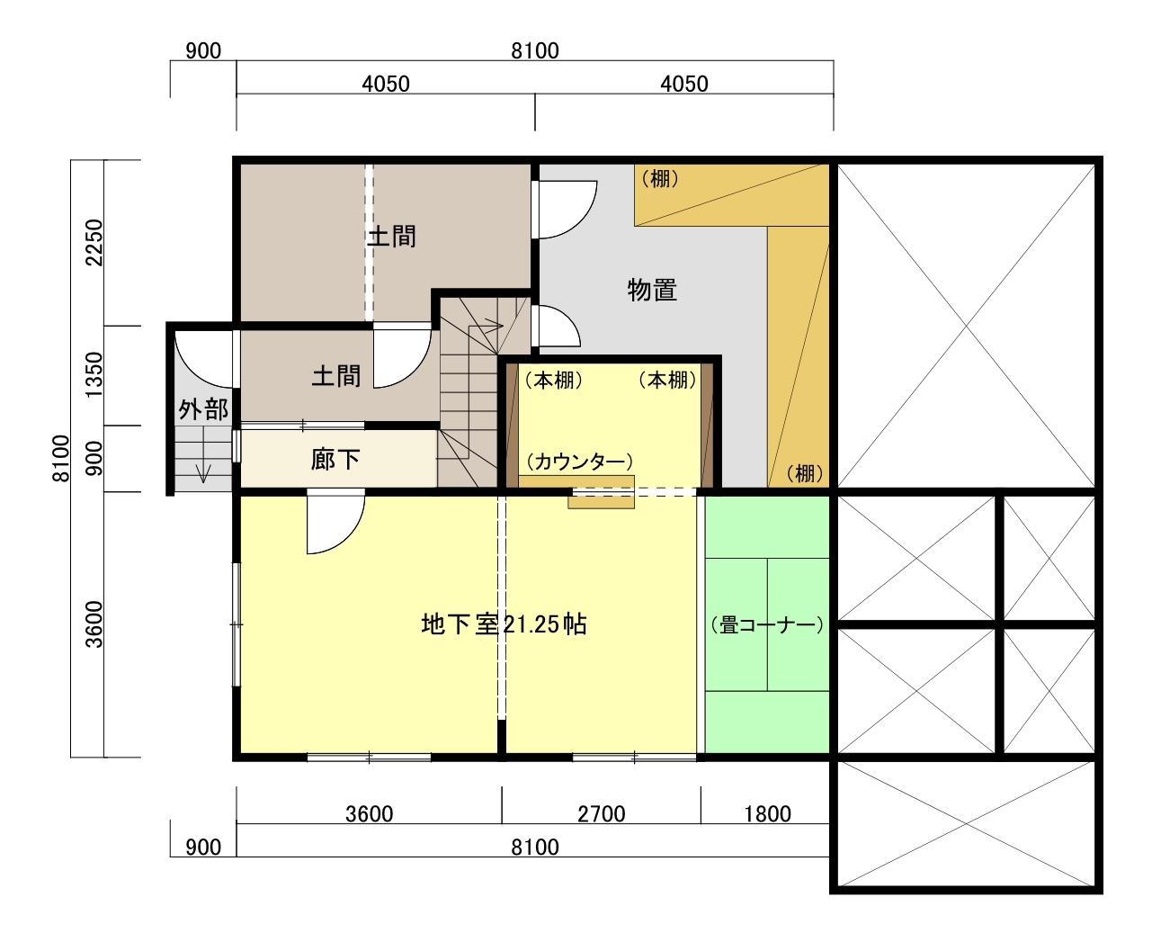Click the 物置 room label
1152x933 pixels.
pyautogui.click(x=652, y=290)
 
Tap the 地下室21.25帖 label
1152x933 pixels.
pyautogui.click(x=505, y=624)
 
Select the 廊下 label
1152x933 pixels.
pyautogui.click(x=335, y=460)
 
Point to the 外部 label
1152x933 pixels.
pyautogui.click(x=203, y=409)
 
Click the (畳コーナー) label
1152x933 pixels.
pyautogui.click(x=767, y=625)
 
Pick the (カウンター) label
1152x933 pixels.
pyautogui.click(x=579, y=461)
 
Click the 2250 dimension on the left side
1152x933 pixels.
pyautogui.click(x=94, y=242)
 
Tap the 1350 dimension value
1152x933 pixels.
pyautogui.click(x=94, y=374)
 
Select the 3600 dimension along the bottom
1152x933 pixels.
pyautogui.click(x=370, y=814)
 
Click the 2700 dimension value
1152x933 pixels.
pyautogui.click(x=602, y=814)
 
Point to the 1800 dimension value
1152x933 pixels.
pyautogui.click(x=767, y=814)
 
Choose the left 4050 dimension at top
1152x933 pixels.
pyautogui.click(x=386, y=84)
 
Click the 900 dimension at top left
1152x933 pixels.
pyautogui.click(x=203, y=51)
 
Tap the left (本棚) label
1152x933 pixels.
pyautogui.click(x=554, y=380)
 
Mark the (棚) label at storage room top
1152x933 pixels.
pyautogui.click(x=660, y=178)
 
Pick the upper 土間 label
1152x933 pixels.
pyautogui.click(x=391, y=237)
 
